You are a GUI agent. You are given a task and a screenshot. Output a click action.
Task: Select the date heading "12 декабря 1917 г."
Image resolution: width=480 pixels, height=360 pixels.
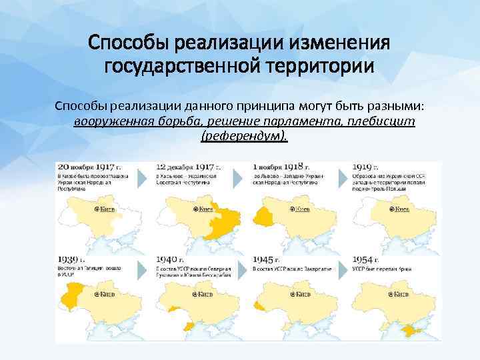click(x=189, y=167)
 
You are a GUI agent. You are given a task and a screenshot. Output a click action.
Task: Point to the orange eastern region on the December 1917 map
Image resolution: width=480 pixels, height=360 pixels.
click(x=223, y=221)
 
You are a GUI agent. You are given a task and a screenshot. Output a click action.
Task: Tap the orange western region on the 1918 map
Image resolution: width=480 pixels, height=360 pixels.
click(x=265, y=215)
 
